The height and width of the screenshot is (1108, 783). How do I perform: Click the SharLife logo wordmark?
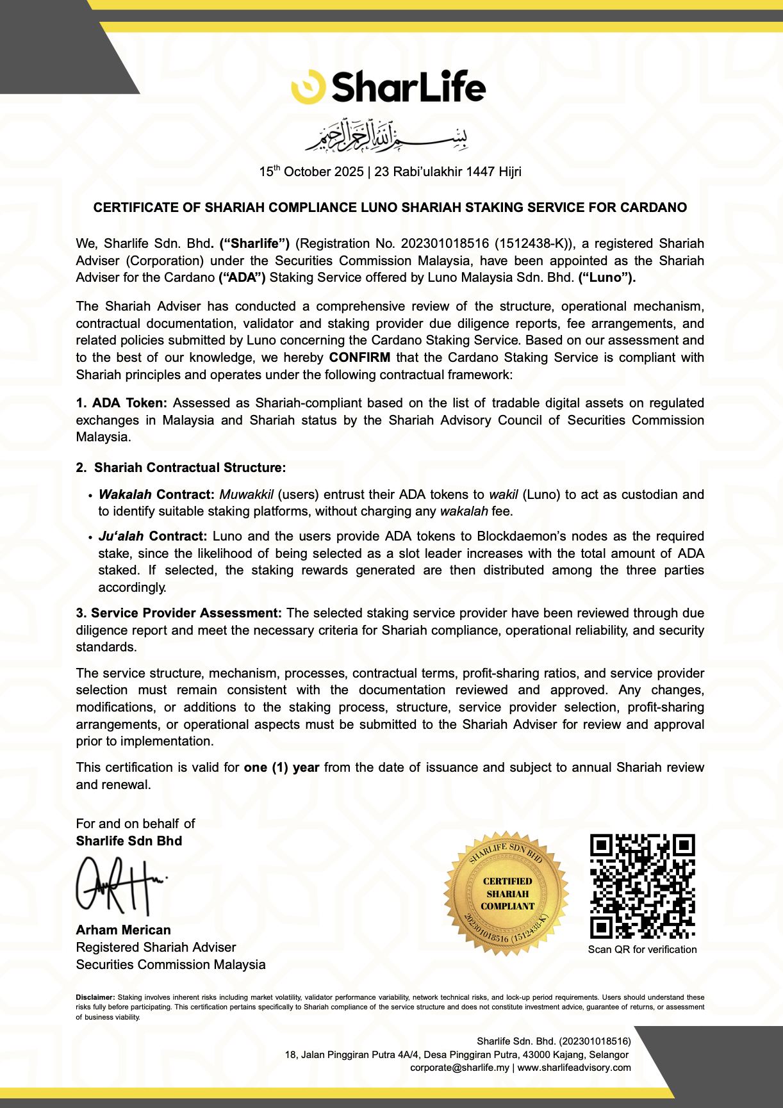pyautogui.click(x=408, y=87)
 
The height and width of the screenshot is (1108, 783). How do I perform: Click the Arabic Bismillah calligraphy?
pyautogui.click(x=386, y=135)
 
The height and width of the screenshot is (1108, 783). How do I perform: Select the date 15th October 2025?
pyautogui.click(x=311, y=172)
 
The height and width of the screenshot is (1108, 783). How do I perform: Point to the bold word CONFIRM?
pyautogui.click(x=359, y=357)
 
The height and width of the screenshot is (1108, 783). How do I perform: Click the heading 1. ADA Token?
pyautogui.click(x=121, y=403)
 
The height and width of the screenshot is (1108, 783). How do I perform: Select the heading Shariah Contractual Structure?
pyautogui.click(x=190, y=468)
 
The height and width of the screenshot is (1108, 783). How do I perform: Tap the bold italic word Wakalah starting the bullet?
pyautogui.click(x=125, y=494)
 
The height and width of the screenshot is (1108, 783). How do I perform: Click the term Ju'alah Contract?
pyautogui.click(x=152, y=536)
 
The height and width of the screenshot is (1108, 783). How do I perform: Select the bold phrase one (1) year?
pyautogui.click(x=281, y=767)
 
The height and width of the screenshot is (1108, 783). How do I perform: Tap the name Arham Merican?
pyautogui.click(x=123, y=930)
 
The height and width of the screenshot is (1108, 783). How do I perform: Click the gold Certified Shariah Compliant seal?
pyautogui.click(x=507, y=894)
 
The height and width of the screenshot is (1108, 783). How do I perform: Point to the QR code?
pyautogui.click(x=642, y=886)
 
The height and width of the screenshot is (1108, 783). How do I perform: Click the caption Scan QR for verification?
pyautogui.click(x=642, y=949)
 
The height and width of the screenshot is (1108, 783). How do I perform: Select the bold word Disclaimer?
pyautogui.click(x=95, y=997)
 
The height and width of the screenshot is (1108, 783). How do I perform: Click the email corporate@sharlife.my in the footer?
pyautogui.click(x=459, y=1068)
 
